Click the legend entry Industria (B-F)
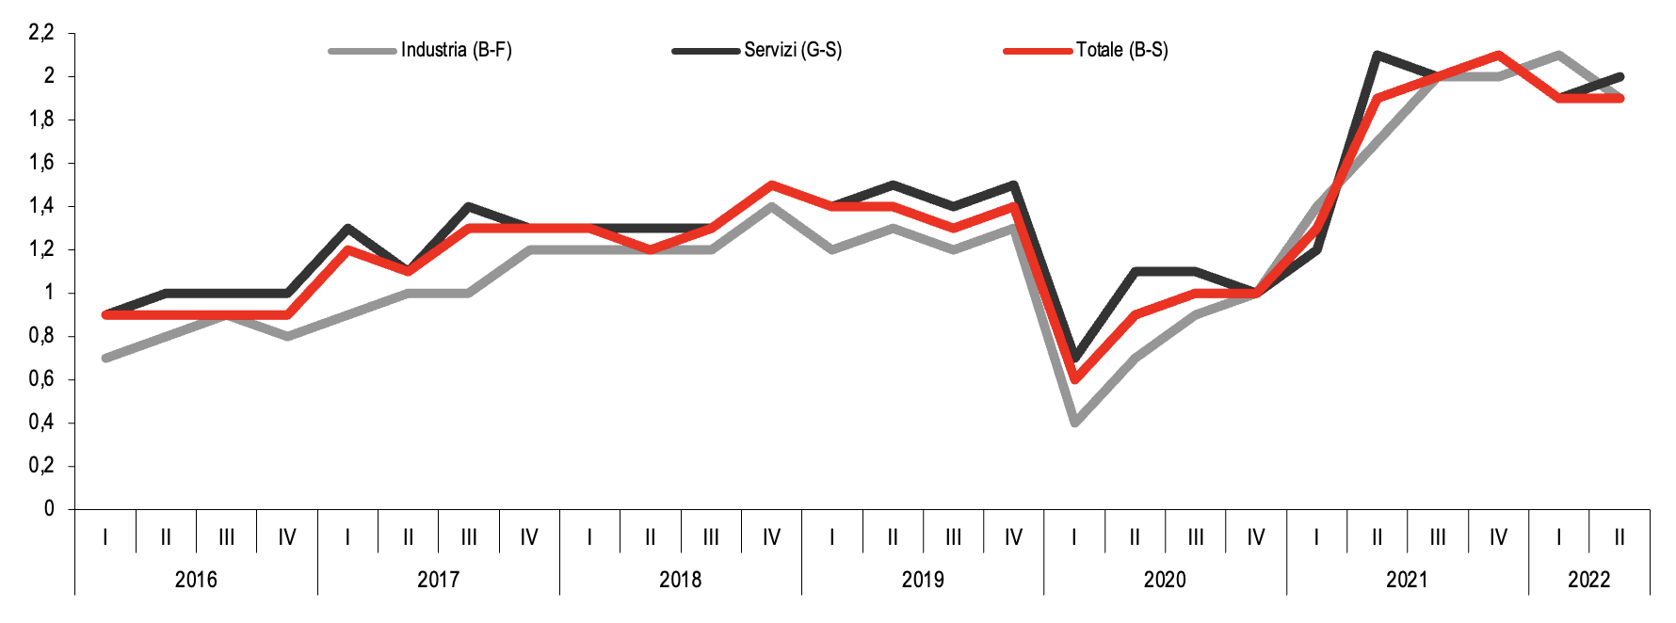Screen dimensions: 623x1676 (456, 50)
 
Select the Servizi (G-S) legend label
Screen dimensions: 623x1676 (792, 50)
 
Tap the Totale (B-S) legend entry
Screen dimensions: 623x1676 (1121, 50)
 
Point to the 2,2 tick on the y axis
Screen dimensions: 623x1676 (41, 33)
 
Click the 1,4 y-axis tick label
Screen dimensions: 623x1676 (41, 206)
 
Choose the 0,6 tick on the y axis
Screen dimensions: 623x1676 (41, 379)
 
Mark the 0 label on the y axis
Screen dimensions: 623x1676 (49, 509)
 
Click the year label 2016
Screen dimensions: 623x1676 (196, 580)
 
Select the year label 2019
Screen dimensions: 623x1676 (923, 580)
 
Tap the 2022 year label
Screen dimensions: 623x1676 (1588, 580)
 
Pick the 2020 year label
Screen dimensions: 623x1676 (1165, 580)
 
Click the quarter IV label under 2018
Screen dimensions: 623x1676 (771, 537)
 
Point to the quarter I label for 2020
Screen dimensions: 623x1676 (1074, 537)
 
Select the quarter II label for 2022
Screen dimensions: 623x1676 (1620, 537)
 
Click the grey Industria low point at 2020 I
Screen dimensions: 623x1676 (1074, 423)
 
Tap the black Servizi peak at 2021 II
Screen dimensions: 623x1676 (1378, 55)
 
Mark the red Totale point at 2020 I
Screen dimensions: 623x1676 (1074, 379)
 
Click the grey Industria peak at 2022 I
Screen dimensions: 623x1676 (1559, 55)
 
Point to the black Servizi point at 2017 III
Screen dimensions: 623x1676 (469, 206)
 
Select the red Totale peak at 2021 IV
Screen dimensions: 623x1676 (1498, 55)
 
